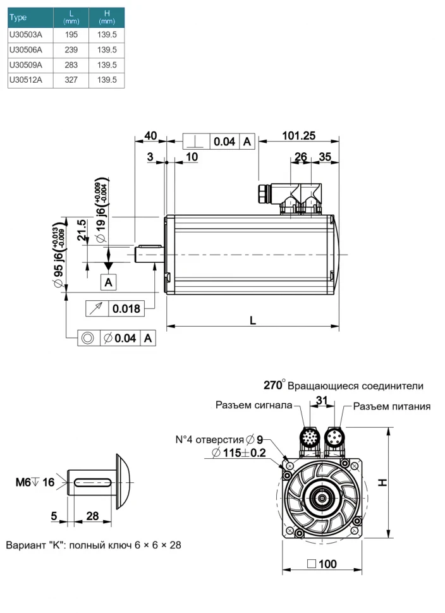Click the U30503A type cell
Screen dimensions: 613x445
tap(26, 35)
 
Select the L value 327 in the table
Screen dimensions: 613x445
tap(71, 80)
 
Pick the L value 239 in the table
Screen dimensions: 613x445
tap(71, 50)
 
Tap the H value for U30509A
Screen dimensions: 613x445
tap(107, 65)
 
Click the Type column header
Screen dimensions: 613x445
tap(19, 18)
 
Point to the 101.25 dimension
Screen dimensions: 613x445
tap(299, 136)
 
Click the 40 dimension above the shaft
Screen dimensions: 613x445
tap(150, 136)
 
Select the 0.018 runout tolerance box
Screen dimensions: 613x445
tap(125, 309)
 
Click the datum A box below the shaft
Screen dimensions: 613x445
tap(109, 282)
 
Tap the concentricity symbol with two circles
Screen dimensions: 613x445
tap(88, 338)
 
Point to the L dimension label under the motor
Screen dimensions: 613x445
tap(252, 320)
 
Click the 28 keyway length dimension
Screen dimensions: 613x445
tap(92, 516)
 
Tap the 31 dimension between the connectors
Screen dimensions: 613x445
tap(322, 400)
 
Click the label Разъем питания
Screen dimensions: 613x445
tap(392, 406)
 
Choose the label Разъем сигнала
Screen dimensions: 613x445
tap(253, 405)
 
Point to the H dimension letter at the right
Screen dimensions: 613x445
tap(401, 482)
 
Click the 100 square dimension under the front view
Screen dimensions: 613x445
tap(322, 564)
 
